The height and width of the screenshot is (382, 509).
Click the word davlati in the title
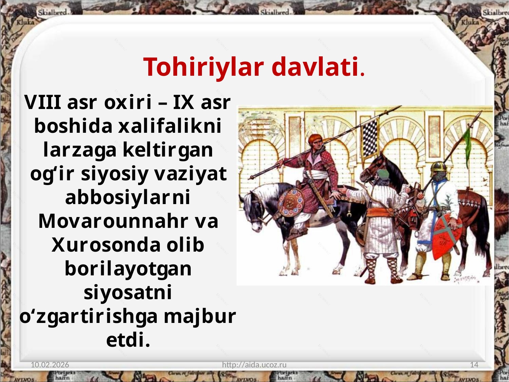point(315,67)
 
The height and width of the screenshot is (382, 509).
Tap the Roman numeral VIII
point(43,102)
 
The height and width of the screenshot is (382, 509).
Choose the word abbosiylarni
point(128,197)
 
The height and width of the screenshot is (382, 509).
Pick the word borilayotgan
point(128,269)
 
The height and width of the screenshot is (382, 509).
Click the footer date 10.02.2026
point(50,365)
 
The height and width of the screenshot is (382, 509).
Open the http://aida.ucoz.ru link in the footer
point(254,365)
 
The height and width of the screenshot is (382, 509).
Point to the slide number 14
point(474,365)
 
